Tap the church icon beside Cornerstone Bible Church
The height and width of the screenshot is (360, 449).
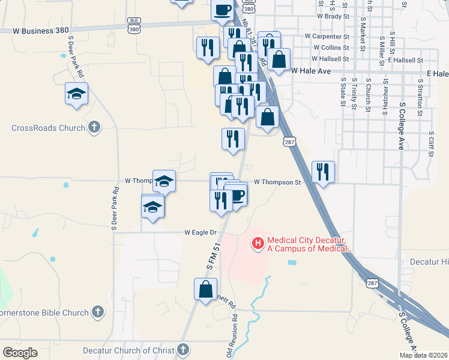coord(97,312)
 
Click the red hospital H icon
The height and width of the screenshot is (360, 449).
coord(258,243)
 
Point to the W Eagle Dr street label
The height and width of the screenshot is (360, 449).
coord(200,232)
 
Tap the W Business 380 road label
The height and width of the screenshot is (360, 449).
coord(43,29)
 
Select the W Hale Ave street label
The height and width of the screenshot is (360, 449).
coord(311,71)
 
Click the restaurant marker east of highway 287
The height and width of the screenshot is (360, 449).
coord(323,172)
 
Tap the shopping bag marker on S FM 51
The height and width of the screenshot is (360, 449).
coord(205,289)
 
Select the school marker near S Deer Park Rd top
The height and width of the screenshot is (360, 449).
coord(77,93)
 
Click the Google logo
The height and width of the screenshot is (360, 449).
coord(20,353)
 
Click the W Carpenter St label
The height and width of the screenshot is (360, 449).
coord(327,37)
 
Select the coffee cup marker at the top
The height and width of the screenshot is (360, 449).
coord(222,10)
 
